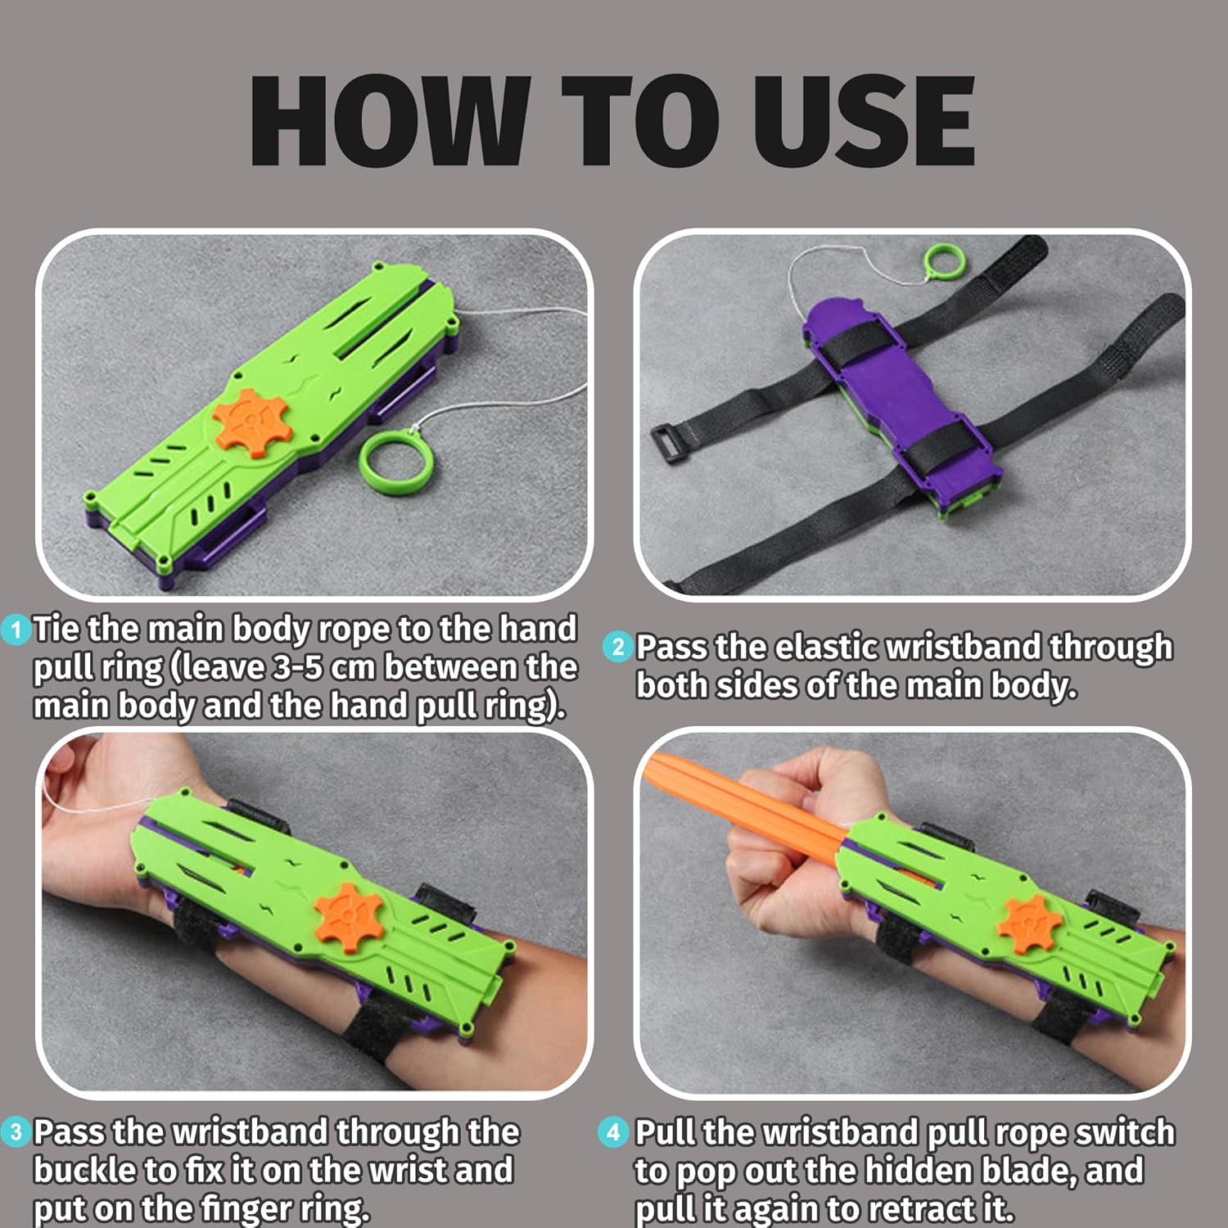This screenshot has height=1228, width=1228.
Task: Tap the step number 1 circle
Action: point(16,630)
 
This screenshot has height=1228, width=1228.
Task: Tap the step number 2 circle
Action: point(618,648)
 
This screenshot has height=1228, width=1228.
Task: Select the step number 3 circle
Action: point(16,1133)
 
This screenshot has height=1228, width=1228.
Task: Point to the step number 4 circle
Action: point(614,1133)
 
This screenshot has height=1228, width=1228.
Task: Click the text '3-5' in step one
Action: point(293,667)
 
